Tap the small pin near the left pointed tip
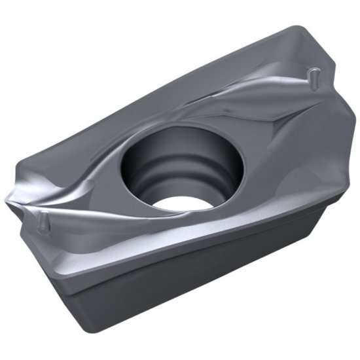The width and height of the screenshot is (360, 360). (44, 220)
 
